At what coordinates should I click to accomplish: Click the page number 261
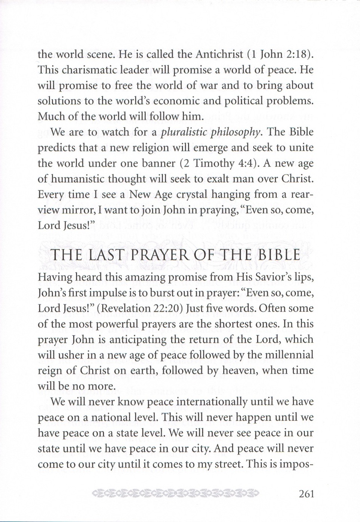point(306,494)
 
